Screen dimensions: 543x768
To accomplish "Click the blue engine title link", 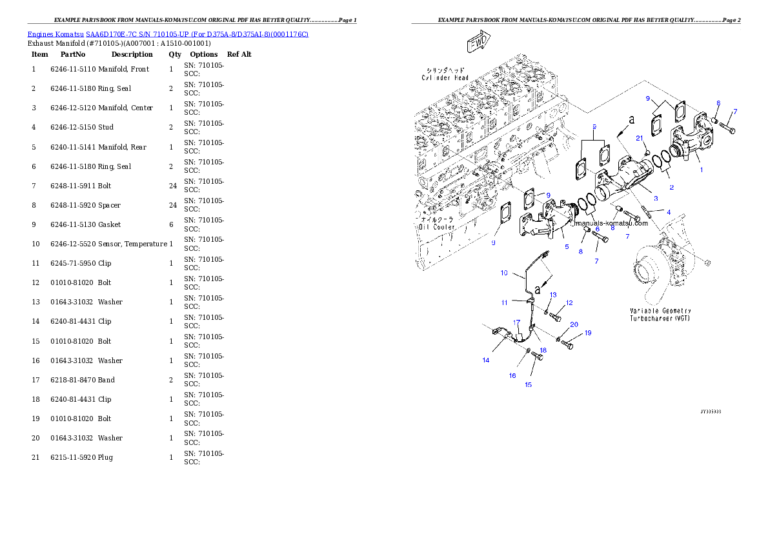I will pos(168,34).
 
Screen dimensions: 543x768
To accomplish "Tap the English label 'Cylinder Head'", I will pos(446,77).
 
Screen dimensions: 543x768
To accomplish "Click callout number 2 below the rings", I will pos(671,187).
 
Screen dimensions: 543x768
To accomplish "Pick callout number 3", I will pos(656,198).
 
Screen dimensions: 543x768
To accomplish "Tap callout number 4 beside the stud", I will pos(668,212).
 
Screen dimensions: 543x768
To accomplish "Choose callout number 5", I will pos(566,246).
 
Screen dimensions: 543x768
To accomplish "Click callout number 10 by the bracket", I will pos(505,273).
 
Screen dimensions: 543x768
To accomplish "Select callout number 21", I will pos(640,138).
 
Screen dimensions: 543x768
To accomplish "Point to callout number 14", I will pos(486,360).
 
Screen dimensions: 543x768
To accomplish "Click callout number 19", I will pos(588,333).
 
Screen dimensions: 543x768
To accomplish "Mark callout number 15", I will pos(528,384).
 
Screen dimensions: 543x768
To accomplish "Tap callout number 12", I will pos(569,302).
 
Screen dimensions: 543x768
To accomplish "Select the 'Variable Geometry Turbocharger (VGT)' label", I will pos(660,314).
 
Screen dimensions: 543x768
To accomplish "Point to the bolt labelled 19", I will pos(569,345).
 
